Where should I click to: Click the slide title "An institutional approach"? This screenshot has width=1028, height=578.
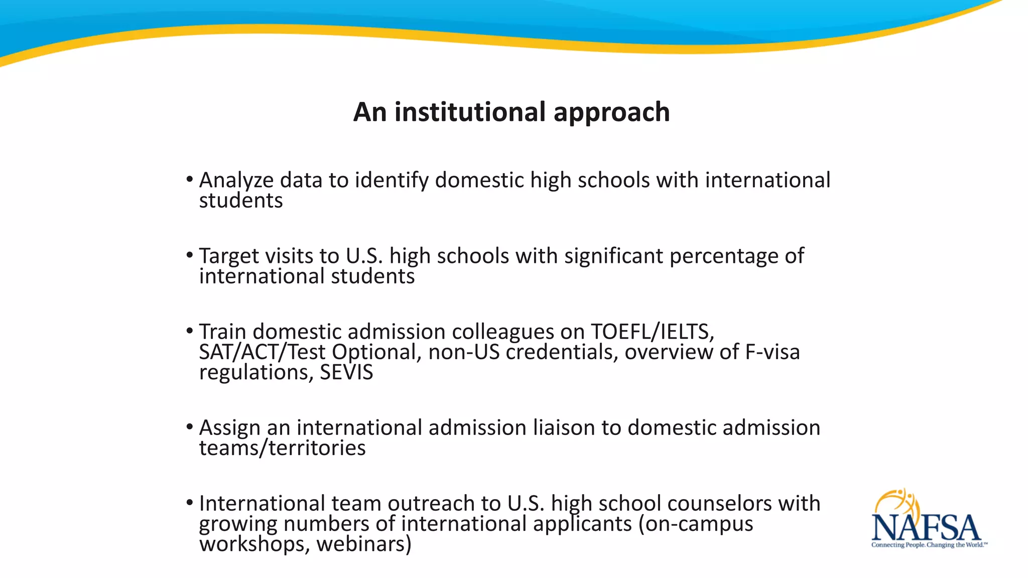tap(511, 111)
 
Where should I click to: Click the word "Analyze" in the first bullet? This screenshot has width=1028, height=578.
tap(236, 181)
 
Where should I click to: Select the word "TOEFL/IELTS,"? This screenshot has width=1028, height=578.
tap(652, 332)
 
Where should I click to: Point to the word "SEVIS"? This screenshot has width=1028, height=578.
tap(346, 372)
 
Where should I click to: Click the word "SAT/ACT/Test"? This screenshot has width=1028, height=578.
tap(262, 352)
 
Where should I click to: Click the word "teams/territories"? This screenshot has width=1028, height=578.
tap(282, 448)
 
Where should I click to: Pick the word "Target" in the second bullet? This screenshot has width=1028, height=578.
tap(228, 256)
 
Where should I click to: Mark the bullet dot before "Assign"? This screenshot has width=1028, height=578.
tap(189, 427)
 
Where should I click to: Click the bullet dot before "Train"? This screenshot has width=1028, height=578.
tap(189, 331)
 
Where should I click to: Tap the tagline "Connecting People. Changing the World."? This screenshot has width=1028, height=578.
tap(929, 545)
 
